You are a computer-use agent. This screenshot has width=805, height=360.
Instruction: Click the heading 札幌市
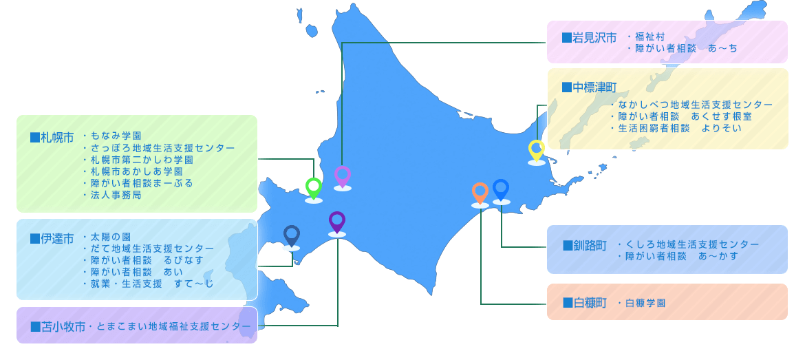click(52, 138)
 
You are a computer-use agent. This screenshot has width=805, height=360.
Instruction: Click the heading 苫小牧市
click(58, 327)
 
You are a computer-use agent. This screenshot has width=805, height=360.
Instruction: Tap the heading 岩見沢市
click(589, 37)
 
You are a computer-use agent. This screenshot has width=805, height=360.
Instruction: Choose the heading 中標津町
click(589, 87)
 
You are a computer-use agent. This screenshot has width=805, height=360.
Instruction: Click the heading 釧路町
click(584, 246)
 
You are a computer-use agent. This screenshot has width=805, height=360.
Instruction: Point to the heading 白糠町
click(584, 303)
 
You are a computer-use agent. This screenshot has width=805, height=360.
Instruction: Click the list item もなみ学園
click(112, 136)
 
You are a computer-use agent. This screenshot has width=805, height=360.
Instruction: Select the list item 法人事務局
click(112, 195)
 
